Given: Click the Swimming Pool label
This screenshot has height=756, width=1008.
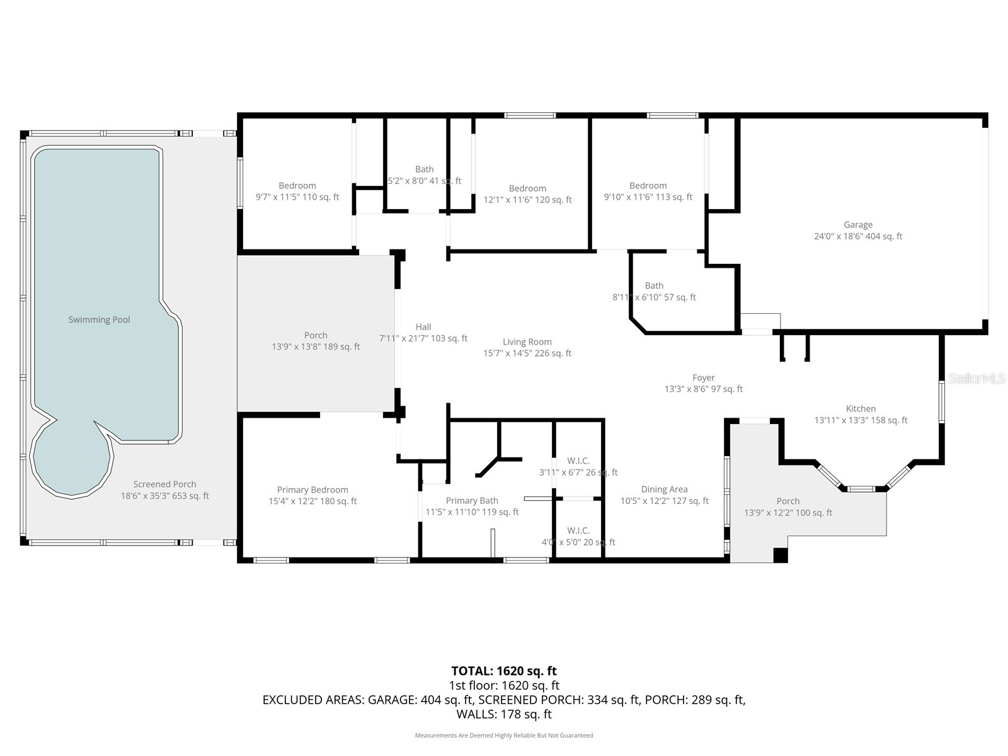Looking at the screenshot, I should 100,319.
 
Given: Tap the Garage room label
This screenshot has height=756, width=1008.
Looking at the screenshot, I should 858,225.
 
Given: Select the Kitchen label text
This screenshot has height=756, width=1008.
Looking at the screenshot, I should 861,409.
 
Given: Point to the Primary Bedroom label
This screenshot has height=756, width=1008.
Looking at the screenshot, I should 312,490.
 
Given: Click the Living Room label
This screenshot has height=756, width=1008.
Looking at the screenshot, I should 527,342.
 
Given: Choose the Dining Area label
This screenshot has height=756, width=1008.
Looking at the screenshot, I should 664,490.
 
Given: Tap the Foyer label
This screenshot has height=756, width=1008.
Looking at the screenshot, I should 704,378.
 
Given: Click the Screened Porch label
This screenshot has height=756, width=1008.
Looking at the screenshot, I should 164,484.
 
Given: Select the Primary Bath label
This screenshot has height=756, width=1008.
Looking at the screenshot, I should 472,501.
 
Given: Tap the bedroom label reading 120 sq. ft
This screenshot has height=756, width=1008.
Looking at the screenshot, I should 527,188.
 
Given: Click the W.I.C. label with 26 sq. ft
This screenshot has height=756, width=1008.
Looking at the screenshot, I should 578,461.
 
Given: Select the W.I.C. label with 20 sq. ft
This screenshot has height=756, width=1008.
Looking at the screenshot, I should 578,530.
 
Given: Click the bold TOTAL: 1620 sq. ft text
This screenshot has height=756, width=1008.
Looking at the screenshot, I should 504,671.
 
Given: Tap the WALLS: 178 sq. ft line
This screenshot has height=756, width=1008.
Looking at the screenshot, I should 504,714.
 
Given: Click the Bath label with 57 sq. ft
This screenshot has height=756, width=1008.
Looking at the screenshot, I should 654,286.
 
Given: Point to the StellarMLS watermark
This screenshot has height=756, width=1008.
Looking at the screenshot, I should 976,379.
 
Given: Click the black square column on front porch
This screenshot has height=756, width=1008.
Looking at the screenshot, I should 781,556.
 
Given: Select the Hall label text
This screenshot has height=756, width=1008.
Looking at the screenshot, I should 423,327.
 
